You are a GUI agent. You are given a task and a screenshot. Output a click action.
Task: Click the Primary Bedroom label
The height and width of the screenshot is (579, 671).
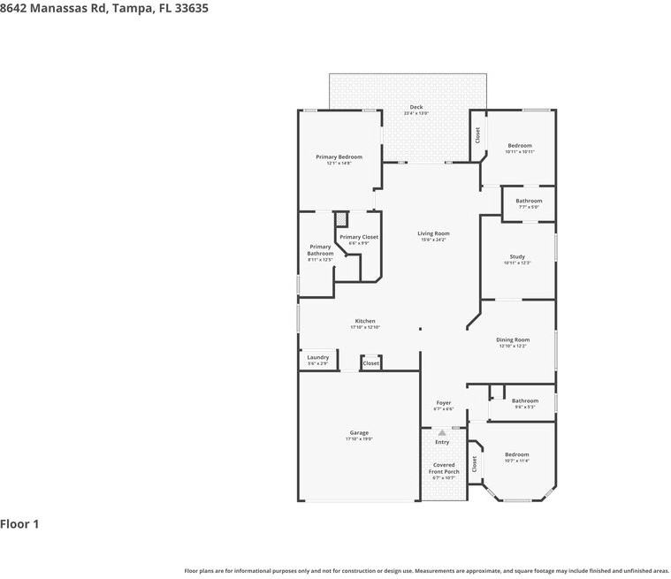(x=339, y=157)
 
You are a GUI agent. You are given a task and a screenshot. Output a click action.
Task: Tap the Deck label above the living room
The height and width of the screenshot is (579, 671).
(x=416, y=108)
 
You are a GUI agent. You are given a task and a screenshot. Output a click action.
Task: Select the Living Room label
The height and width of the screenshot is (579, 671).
(x=433, y=234)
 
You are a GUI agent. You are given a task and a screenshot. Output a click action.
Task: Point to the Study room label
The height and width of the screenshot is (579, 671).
(x=517, y=257)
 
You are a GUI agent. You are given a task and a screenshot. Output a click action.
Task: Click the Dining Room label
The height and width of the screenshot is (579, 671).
(x=513, y=340)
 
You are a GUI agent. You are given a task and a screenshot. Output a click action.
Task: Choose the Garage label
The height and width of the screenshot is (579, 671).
(x=359, y=433)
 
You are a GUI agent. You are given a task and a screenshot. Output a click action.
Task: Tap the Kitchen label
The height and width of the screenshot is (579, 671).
(x=365, y=321)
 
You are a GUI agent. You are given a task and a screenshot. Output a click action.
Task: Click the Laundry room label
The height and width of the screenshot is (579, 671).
(x=318, y=358)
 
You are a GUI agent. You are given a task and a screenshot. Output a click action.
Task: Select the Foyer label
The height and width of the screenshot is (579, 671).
(x=444, y=403)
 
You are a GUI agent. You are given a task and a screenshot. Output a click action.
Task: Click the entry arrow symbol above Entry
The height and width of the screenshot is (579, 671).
(x=442, y=432)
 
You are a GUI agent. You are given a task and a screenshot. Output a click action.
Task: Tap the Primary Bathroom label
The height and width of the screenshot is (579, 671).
(x=320, y=250)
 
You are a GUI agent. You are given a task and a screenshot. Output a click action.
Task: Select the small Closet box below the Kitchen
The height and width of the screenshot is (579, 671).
(x=371, y=362)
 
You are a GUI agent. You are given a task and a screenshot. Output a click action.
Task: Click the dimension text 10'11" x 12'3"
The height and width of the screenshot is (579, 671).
(x=517, y=263)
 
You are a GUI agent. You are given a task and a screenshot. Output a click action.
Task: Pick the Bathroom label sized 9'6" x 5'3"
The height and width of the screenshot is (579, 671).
(x=525, y=401)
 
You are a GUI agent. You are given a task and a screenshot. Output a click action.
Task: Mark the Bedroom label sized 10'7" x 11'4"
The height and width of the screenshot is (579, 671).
(x=517, y=455)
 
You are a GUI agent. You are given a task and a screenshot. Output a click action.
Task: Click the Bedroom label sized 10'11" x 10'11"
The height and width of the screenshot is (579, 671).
(x=520, y=146)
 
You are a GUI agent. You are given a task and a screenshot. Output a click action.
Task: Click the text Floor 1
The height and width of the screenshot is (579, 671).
(x=19, y=524)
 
